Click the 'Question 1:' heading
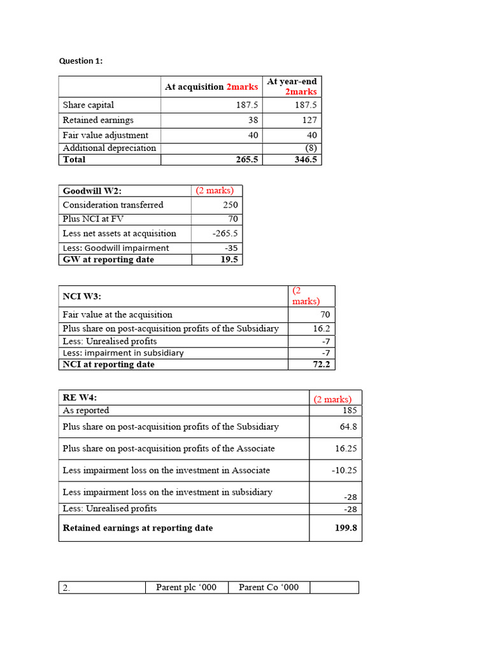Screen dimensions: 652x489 [x=80, y=61]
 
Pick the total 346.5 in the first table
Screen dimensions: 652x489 [x=306, y=159]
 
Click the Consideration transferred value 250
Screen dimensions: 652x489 [x=230, y=205]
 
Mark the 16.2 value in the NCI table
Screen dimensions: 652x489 [x=322, y=329]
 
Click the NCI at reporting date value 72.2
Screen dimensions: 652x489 [x=320, y=364]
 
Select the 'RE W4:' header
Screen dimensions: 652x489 [x=80, y=398]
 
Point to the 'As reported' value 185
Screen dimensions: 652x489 [x=350, y=410]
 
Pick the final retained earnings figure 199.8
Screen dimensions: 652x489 [x=346, y=528]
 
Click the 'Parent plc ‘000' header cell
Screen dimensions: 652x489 [x=186, y=587]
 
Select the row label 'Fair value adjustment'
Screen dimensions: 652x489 [x=105, y=135]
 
